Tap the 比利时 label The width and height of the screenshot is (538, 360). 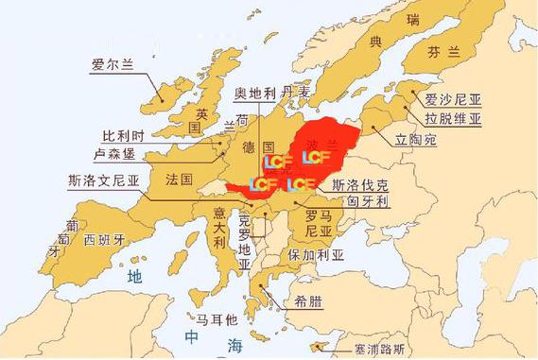(124, 135)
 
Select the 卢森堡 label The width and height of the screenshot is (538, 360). (119, 153)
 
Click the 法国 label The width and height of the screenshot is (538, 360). (179, 179)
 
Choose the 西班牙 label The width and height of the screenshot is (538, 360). (104, 240)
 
